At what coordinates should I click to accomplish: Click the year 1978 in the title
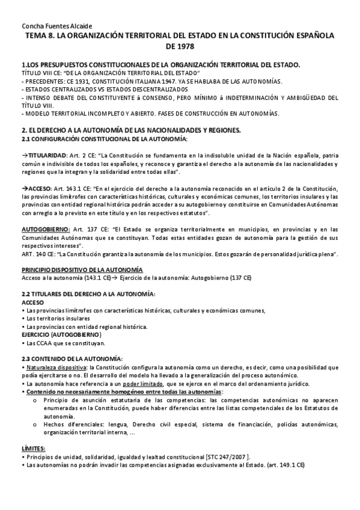(179, 46)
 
